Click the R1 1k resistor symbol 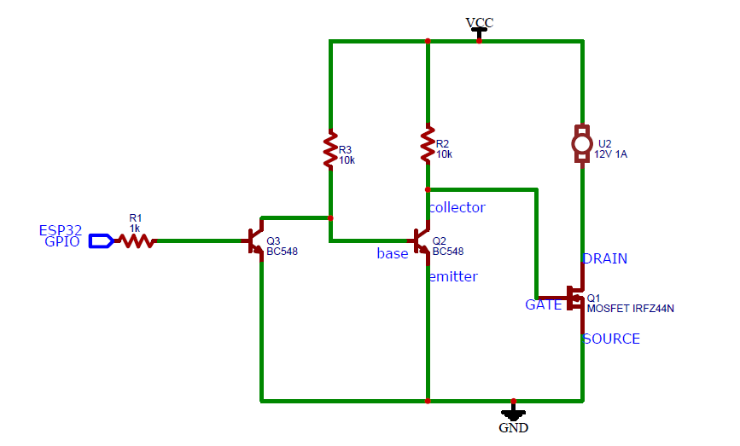137,241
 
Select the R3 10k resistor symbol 330,150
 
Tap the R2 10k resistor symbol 428,144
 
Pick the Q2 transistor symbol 420,241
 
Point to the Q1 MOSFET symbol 573,298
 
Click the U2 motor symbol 582,144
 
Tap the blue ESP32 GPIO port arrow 101,241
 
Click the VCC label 480,22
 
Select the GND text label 514,427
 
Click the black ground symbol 514,412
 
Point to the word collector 457,207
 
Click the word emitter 453,276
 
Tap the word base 393,253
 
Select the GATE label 543,305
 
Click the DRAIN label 605,259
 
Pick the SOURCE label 612,339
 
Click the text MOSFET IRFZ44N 631,309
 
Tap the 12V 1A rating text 610,154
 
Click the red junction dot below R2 428,189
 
